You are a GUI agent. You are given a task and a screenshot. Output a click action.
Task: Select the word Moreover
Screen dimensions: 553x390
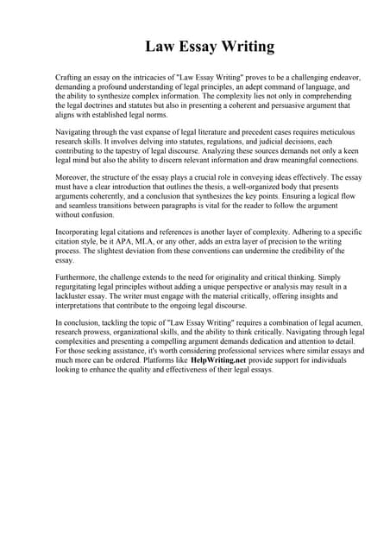coord(72,176)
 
